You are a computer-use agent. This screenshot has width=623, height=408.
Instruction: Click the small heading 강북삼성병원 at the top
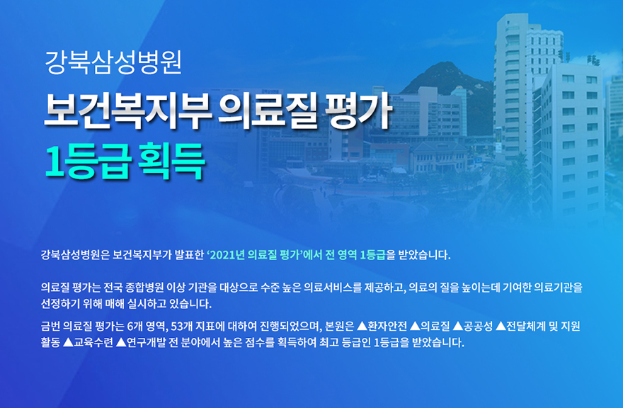(x=113, y=63)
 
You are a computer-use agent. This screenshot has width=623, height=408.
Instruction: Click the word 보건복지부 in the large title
(x=127, y=110)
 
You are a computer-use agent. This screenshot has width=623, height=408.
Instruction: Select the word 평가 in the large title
(x=358, y=111)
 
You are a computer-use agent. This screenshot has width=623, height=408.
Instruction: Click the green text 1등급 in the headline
(x=87, y=161)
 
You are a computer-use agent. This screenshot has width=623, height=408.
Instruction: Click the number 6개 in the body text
(x=135, y=327)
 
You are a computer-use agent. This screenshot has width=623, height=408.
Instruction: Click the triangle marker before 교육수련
(x=68, y=342)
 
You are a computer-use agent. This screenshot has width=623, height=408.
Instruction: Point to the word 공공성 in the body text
(x=478, y=327)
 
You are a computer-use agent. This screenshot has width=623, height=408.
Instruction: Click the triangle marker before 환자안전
(x=362, y=327)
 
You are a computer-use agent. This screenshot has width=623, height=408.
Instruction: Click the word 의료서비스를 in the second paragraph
(x=333, y=288)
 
